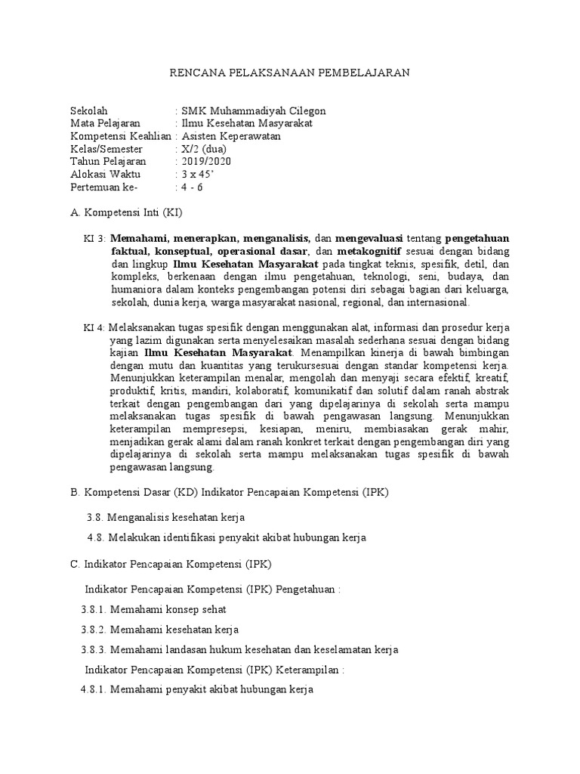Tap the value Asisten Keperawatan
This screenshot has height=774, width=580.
(230, 137)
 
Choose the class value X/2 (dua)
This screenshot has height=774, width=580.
(199, 150)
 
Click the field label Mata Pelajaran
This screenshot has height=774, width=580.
(105, 124)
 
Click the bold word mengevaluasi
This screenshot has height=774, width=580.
(369, 239)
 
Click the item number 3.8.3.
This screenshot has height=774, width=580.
(94, 650)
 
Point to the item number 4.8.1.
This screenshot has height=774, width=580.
(94, 690)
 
